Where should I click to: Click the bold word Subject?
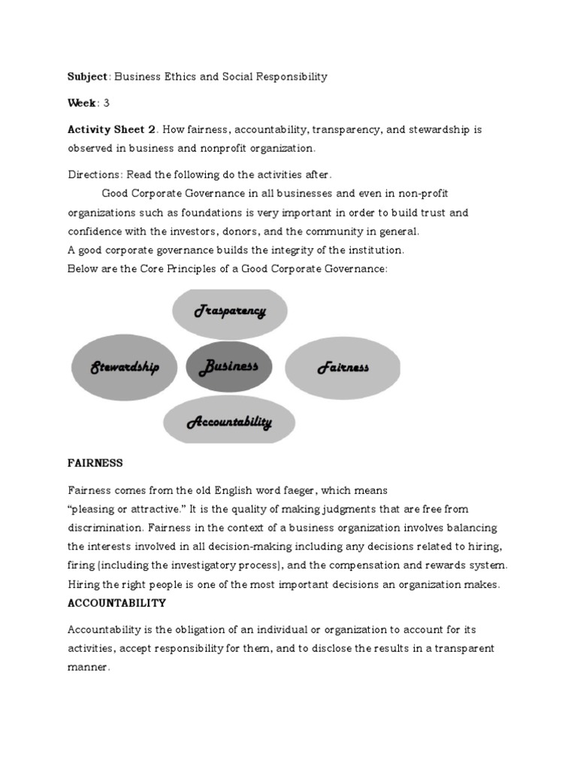pyautogui.click(x=88, y=77)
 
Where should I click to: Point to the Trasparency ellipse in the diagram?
pyautogui.click(x=230, y=311)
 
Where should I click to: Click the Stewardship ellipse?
pyautogui.click(x=125, y=367)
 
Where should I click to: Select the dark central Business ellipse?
pyautogui.click(x=229, y=367)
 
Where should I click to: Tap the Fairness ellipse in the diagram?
pyautogui.click(x=343, y=367)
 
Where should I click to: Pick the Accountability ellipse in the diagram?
pyautogui.click(x=229, y=423)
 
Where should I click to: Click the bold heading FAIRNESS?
pyautogui.click(x=95, y=462)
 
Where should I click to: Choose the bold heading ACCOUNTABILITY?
pyautogui.click(x=116, y=603)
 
